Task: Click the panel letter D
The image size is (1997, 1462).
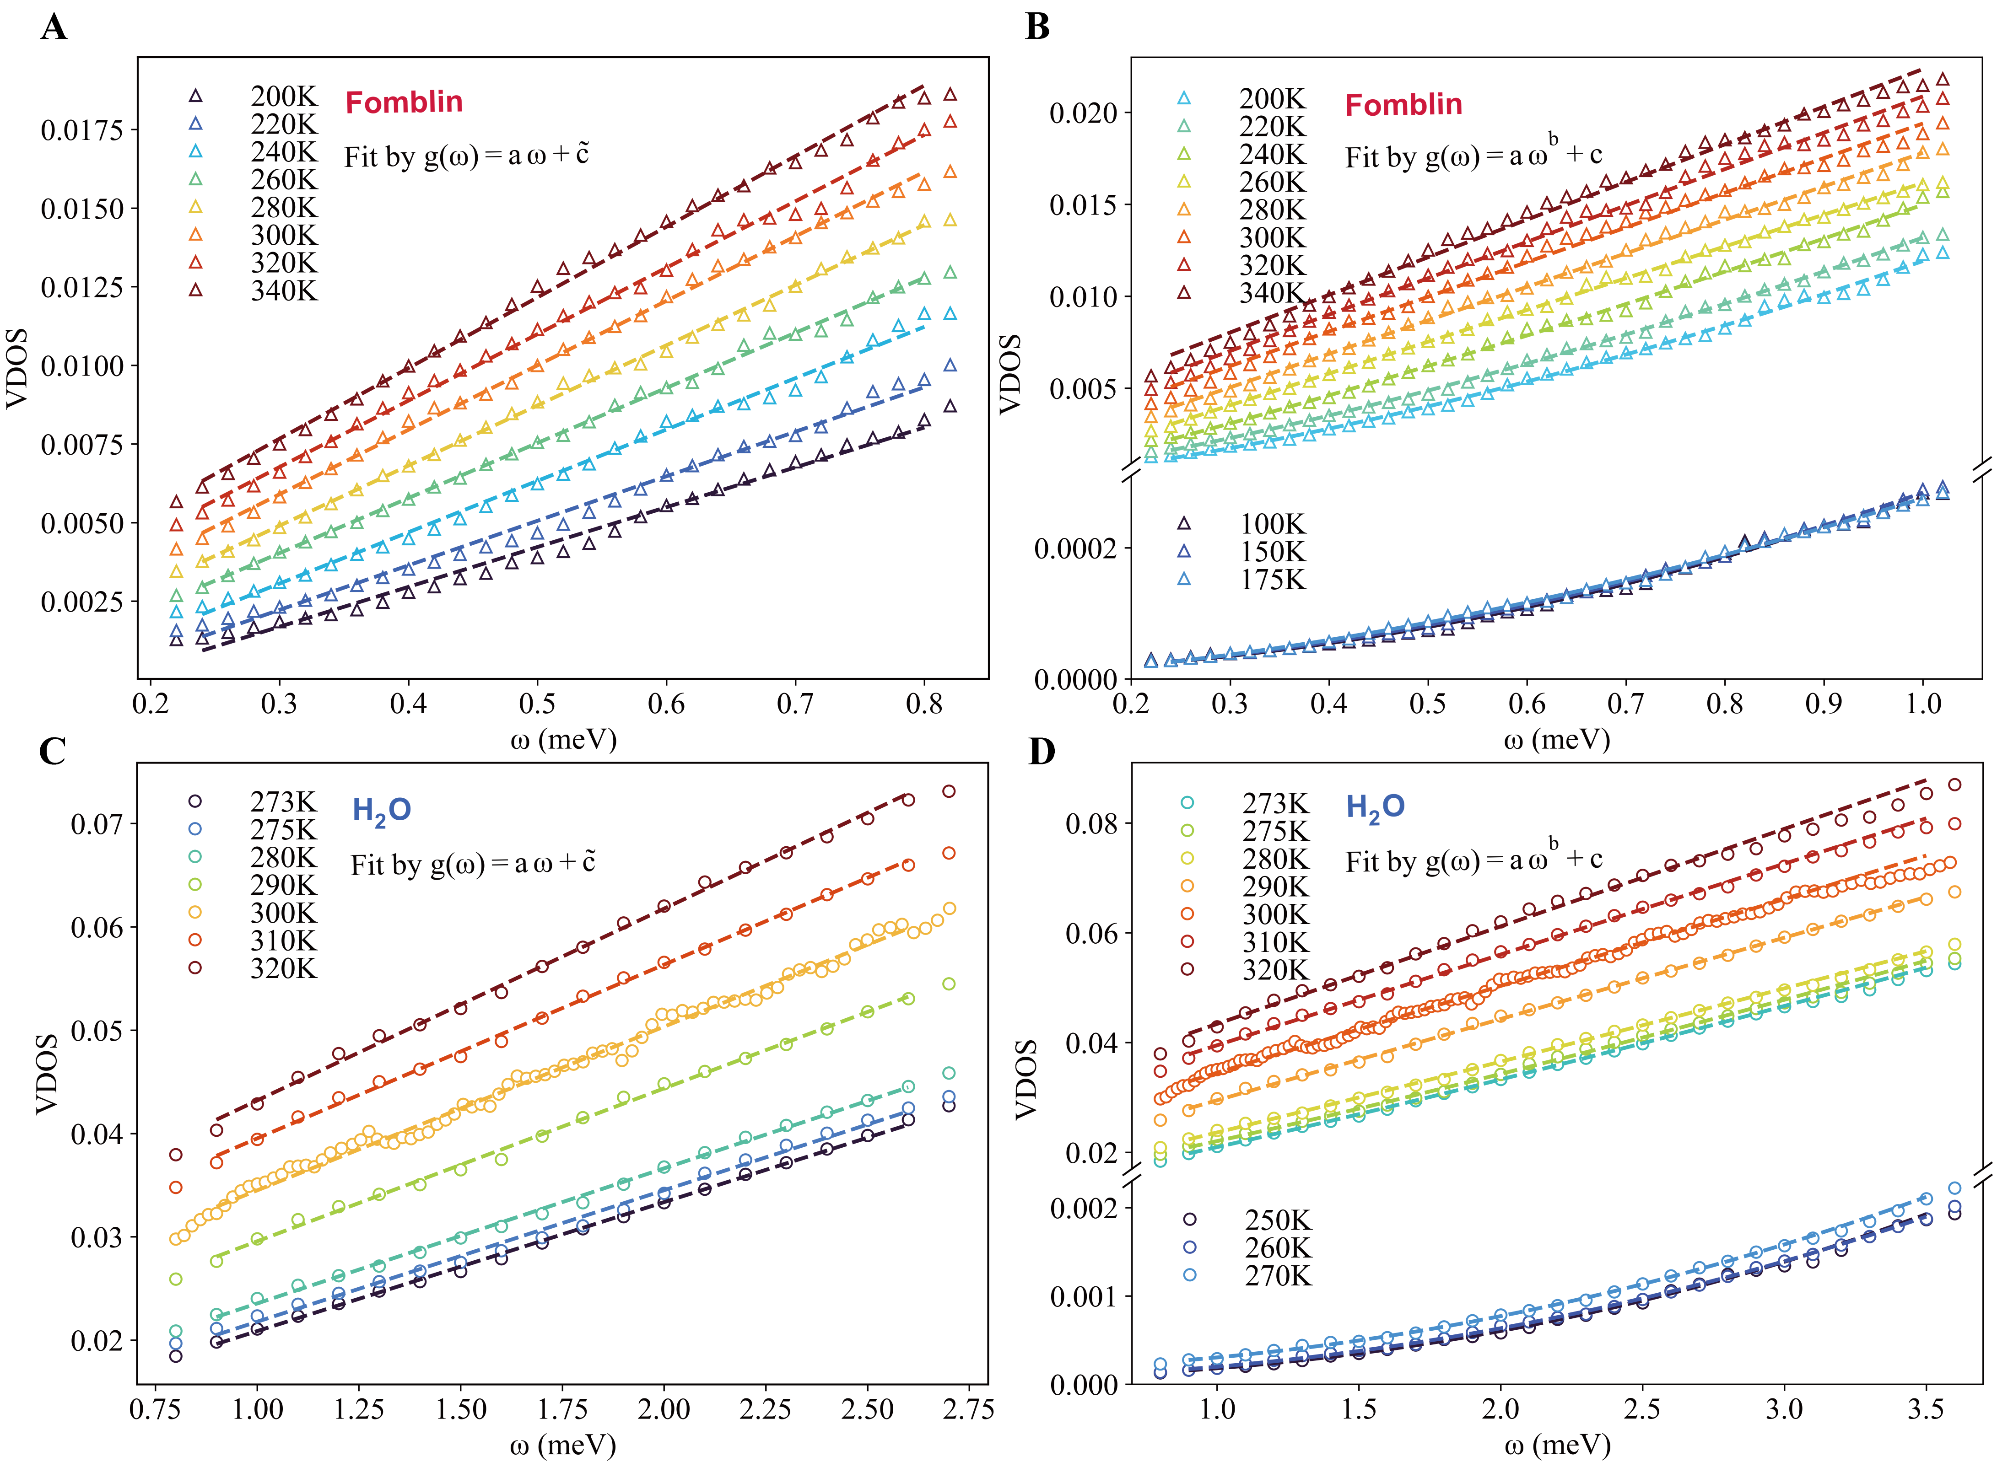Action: click(1042, 751)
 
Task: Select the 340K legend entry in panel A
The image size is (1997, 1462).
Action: click(283, 290)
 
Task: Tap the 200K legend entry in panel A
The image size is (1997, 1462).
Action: click(283, 96)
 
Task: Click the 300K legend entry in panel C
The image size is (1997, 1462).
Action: click(283, 913)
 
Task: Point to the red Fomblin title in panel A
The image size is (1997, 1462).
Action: click(404, 102)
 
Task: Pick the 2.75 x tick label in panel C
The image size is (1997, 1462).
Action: click(968, 1409)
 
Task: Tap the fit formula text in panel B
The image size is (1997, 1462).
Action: click(1474, 155)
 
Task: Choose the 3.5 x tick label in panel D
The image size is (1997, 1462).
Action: click(1925, 1409)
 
